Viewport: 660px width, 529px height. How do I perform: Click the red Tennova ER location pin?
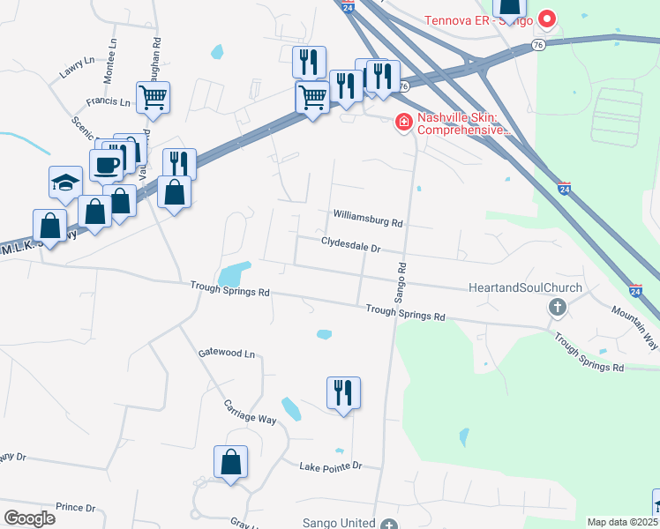[x=547, y=18]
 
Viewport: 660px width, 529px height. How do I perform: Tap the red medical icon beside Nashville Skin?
[x=404, y=121]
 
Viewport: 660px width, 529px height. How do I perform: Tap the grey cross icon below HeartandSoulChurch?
[x=557, y=308]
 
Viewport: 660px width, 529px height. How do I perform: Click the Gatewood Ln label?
[x=226, y=354]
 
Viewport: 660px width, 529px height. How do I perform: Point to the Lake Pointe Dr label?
[x=330, y=466]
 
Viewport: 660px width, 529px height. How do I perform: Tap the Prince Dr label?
[x=75, y=507]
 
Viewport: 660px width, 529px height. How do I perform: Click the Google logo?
[x=29, y=518]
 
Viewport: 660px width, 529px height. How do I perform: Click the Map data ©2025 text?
[x=622, y=522]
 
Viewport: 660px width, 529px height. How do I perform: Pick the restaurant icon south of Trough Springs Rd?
[x=343, y=392]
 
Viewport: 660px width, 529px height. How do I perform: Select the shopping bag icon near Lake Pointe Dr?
[x=230, y=462]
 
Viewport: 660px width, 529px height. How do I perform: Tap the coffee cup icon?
[x=107, y=164]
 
